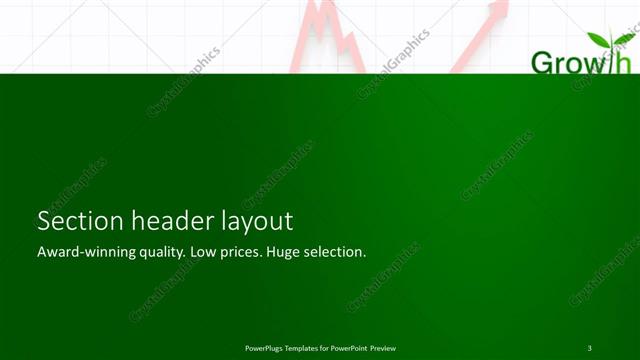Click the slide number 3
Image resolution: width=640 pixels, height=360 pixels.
point(590,347)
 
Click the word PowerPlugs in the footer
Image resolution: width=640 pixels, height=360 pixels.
point(266,347)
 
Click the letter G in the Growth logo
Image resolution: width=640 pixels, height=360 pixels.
point(541,63)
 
